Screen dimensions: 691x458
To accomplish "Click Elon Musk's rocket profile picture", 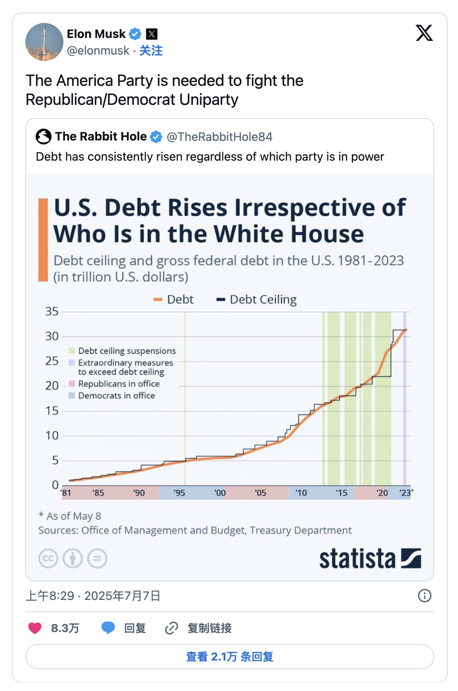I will click(x=44, y=42).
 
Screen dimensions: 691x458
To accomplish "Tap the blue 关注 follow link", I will click(x=151, y=51).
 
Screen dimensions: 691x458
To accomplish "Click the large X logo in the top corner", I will click(x=424, y=33).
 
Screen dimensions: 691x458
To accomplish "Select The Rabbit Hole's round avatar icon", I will click(x=44, y=137).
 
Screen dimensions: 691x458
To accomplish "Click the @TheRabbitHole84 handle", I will click(x=219, y=137).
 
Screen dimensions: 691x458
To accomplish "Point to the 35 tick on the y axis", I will click(x=52, y=311).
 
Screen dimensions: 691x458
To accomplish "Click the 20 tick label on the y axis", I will click(x=52, y=385).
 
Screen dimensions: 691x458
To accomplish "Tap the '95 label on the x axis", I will click(x=179, y=493).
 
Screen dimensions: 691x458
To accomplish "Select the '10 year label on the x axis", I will click(x=301, y=493).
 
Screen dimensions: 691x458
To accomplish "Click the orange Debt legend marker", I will click(x=158, y=300).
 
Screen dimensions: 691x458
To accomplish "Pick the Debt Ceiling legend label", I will click(x=263, y=300).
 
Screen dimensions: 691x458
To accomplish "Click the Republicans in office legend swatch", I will click(x=72, y=383).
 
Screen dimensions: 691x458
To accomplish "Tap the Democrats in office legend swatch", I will click(x=72, y=395).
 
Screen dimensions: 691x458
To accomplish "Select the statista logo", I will click(x=370, y=558).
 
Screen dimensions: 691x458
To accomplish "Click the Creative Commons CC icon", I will click(x=48, y=558).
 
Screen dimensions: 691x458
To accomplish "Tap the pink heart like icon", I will click(x=35, y=628).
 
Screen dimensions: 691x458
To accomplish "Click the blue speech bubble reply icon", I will click(x=108, y=628).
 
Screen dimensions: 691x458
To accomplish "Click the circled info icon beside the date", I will click(x=425, y=596).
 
